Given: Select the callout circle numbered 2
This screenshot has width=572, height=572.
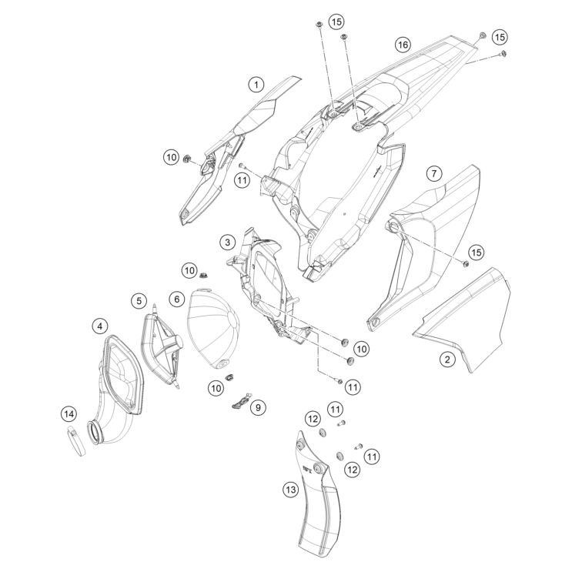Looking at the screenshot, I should tap(447, 358).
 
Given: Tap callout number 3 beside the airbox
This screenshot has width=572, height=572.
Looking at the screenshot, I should tap(226, 243).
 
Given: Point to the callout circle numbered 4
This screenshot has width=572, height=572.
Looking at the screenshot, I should tap(101, 326).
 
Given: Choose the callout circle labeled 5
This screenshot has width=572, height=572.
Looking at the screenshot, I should tap(139, 299).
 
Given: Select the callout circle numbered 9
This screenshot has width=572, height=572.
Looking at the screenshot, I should tap(259, 405).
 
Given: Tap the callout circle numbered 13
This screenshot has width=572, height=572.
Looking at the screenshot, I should tap(289, 487).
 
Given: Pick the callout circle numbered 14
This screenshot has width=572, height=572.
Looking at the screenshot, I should tap(69, 414).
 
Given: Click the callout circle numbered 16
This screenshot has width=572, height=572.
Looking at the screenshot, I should tap(402, 45).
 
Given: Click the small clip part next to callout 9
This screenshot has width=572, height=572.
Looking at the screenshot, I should tap(241, 400).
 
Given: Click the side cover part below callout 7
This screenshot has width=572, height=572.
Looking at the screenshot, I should tap(423, 246).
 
